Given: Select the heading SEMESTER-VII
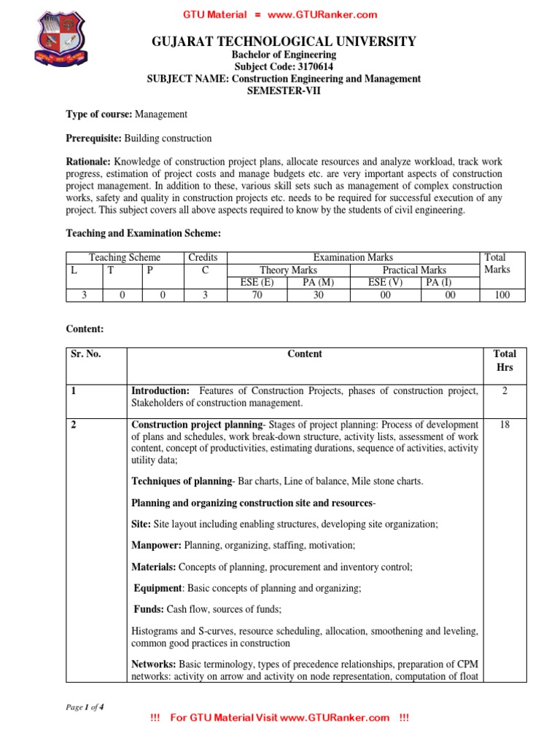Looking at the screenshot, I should [284, 90].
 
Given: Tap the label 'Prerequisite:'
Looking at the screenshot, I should [94, 138].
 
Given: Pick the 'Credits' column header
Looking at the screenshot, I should [203, 257].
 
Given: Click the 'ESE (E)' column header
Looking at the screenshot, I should [257, 283].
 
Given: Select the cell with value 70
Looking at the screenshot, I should [257, 295].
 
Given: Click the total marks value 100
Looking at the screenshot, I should [500, 295].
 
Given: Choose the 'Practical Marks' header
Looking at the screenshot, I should [413, 270].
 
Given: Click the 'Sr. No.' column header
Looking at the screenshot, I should [86, 354].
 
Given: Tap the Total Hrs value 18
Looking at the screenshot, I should [505, 424].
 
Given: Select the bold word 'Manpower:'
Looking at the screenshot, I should [157, 544].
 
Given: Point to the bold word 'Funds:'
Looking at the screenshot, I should [149, 608].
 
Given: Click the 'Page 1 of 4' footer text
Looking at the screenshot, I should [85, 706].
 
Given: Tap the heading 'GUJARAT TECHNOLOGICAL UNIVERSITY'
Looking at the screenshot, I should [284, 42].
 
